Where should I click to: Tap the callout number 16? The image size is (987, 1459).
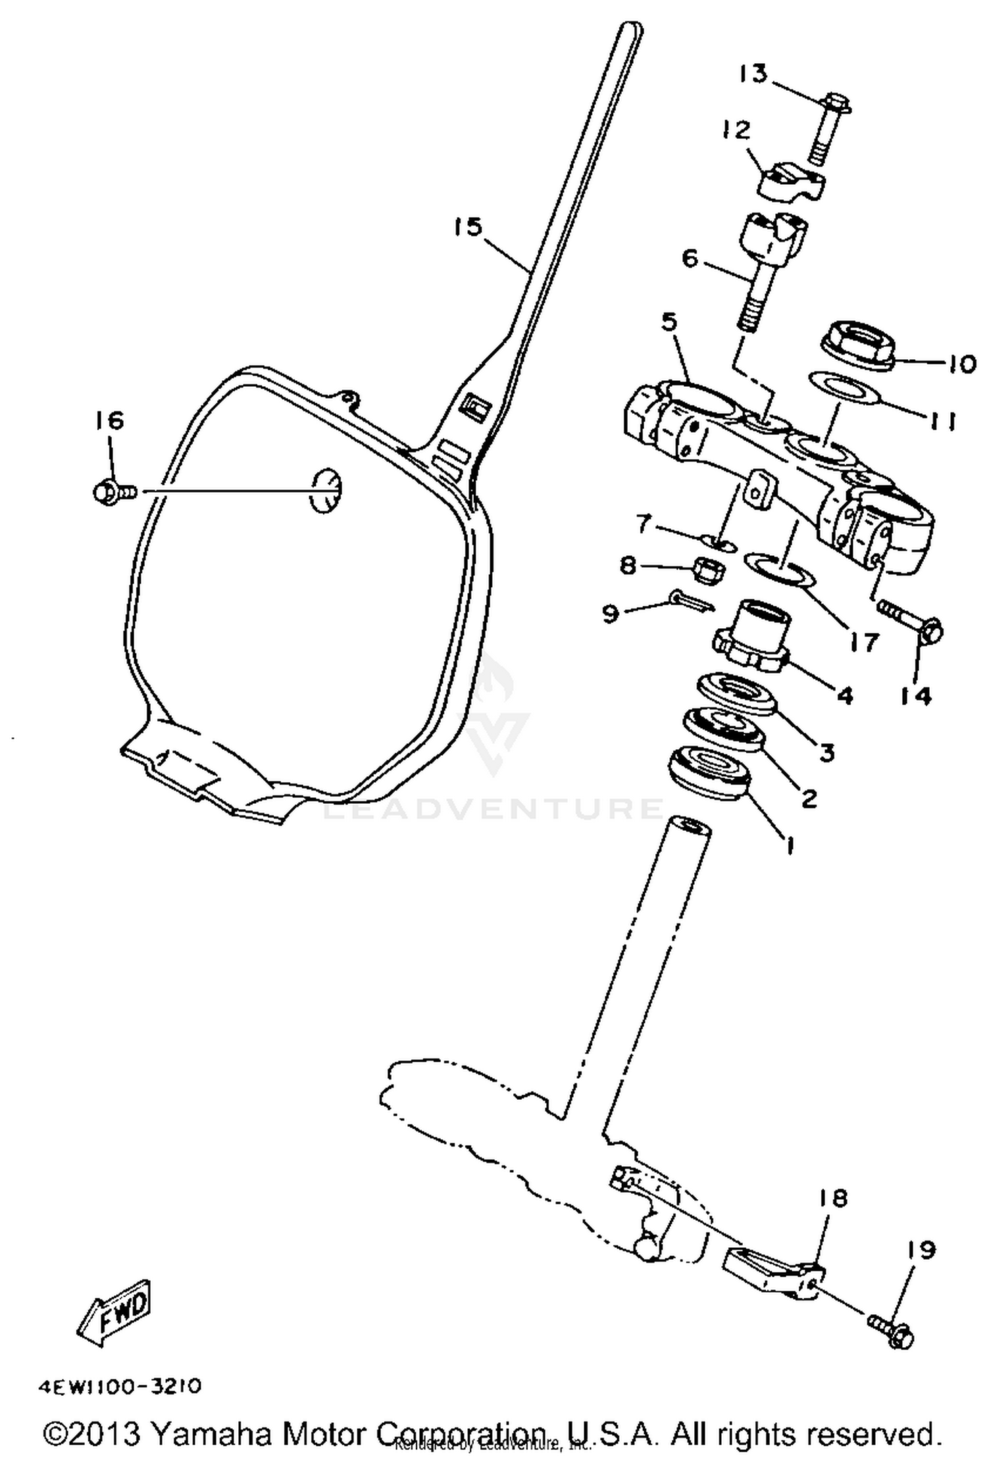coord(110,420)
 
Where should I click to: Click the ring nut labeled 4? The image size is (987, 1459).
coord(752,641)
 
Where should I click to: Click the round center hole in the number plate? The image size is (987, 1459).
coord(326,491)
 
